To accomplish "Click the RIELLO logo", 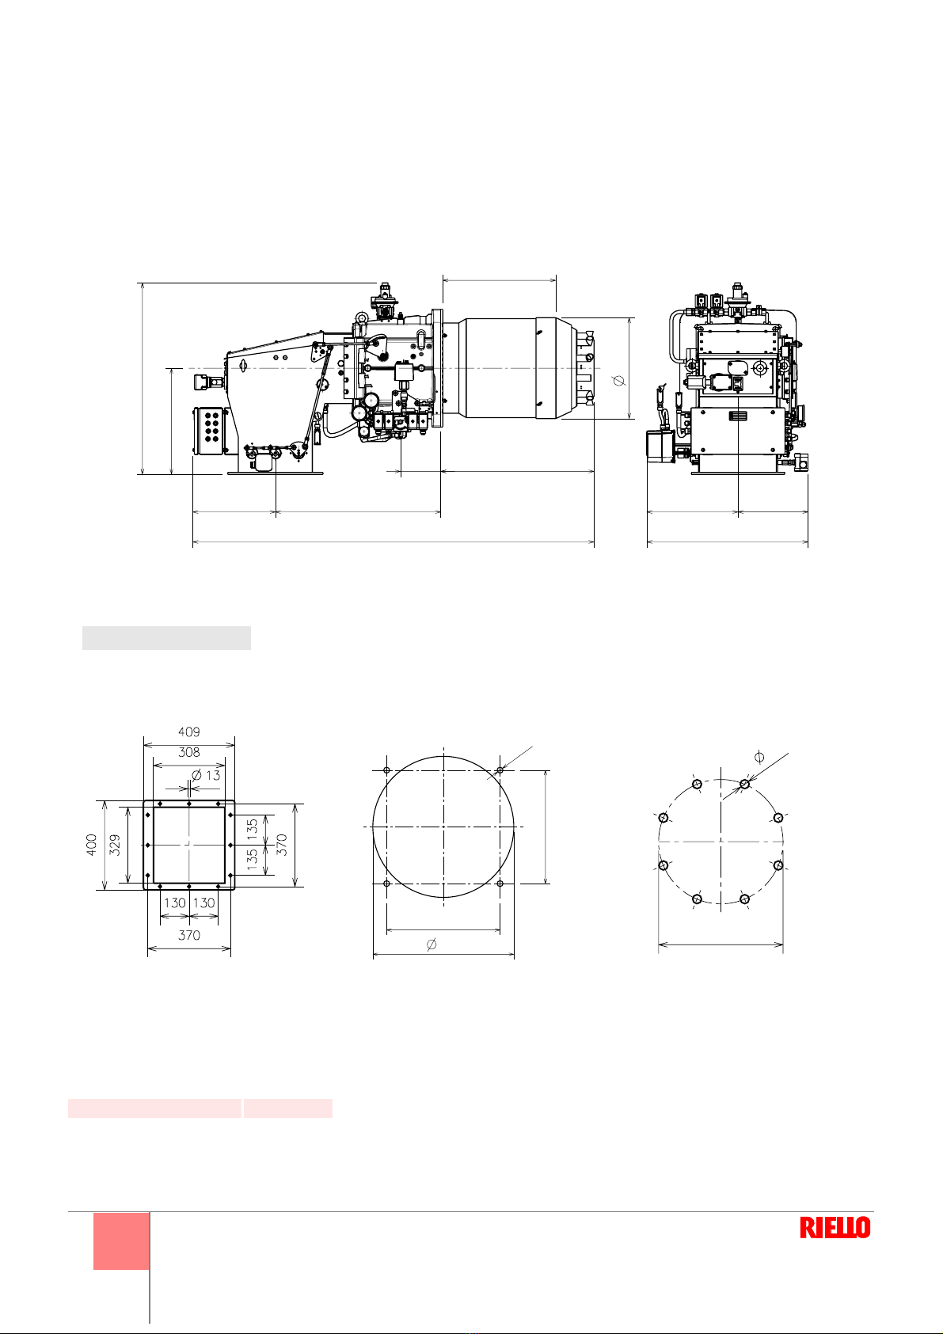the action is (835, 1227).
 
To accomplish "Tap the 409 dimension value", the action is (189, 732).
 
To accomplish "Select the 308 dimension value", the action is (189, 752).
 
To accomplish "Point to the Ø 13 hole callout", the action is (206, 775).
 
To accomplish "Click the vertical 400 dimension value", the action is (91, 845).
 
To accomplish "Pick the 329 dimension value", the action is (115, 845).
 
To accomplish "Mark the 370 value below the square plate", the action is (189, 935).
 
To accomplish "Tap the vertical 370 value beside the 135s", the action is (282, 845).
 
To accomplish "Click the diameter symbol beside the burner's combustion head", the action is (619, 379).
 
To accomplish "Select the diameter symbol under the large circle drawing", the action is (432, 944).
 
